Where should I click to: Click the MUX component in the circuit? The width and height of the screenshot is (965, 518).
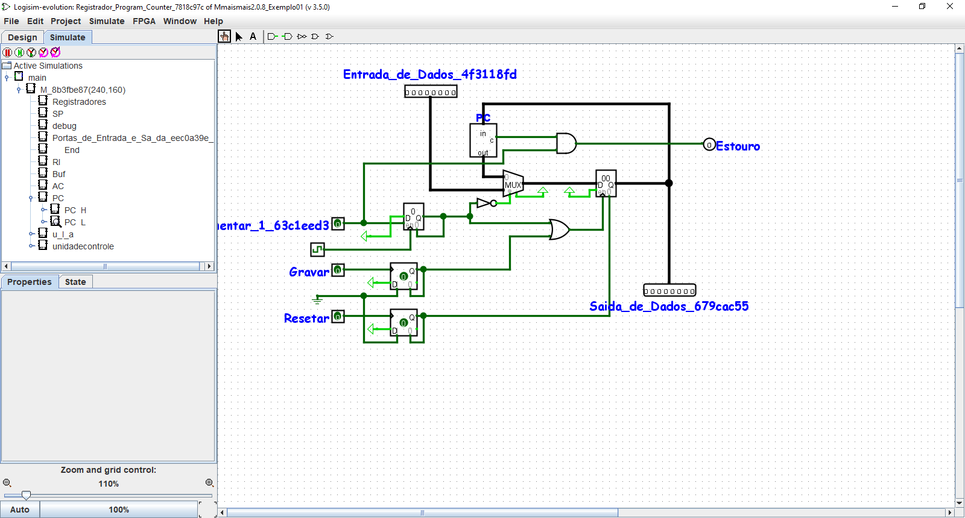tap(513, 183)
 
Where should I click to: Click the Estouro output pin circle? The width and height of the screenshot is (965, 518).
tap(709, 145)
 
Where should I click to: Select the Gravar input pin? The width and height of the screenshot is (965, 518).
tap(338, 270)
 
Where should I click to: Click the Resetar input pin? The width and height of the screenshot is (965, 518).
tap(338, 316)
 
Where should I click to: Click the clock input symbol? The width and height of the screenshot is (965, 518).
tap(317, 249)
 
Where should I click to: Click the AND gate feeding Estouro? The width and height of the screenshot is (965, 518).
tap(566, 143)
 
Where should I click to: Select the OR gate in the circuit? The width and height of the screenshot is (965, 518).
tap(559, 229)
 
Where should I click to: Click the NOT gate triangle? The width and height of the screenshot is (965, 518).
tap(484, 203)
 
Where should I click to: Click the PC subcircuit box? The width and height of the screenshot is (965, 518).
tap(483, 140)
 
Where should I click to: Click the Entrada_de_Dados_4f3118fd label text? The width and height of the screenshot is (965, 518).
tap(429, 74)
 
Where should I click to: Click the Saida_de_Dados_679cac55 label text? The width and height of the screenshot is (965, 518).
tap(668, 306)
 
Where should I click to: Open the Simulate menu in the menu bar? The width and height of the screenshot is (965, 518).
tap(107, 21)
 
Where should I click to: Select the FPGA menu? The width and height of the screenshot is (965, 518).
tap(144, 21)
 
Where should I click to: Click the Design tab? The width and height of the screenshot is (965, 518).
tap(22, 37)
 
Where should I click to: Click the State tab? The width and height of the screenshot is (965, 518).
tap(75, 282)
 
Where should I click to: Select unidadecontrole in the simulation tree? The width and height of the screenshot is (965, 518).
tap(83, 246)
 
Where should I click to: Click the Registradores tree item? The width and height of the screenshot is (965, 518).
tap(79, 102)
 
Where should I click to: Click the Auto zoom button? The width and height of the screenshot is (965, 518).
tap(20, 510)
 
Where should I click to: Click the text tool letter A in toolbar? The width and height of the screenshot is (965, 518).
tap(253, 37)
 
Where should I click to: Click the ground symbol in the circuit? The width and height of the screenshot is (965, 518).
tap(317, 299)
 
